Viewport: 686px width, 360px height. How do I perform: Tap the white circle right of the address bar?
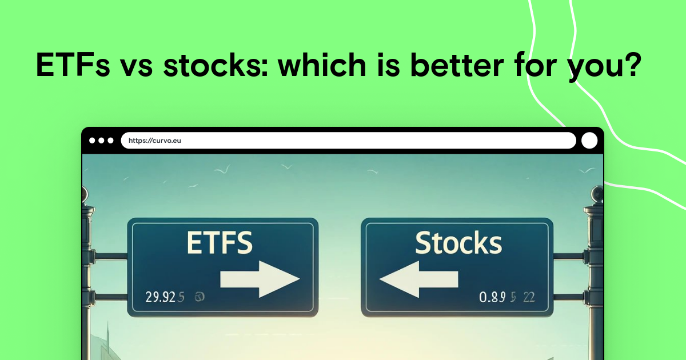coord(589,141)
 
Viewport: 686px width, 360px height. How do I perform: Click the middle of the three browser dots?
coord(102,141)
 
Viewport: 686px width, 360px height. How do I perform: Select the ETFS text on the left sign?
coord(220,244)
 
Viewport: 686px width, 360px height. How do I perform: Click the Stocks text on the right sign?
coord(458,243)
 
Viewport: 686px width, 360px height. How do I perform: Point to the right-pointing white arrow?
coord(260,279)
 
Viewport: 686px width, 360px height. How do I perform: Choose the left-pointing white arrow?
coord(419,279)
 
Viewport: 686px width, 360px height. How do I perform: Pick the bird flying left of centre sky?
coord(221,169)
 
